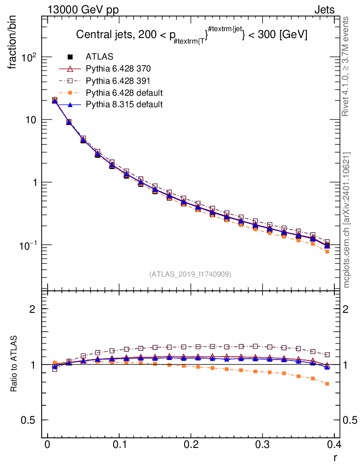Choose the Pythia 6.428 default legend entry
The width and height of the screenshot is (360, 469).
[x=124, y=93]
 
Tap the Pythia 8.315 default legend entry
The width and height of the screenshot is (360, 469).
[x=124, y=104]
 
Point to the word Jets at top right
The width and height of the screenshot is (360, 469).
[x=324, y=10]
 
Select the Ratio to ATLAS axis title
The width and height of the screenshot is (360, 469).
[x=14, y=365]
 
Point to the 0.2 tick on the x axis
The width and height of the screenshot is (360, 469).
[x=191, y=445]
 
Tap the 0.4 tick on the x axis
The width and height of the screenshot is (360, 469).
[x=334, y=445]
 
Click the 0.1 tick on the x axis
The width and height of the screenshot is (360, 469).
[x=119, y=445]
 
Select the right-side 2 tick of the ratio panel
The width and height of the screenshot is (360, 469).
[x=346, y=309]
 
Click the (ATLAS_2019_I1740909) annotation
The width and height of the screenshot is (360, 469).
[x=190, y=274]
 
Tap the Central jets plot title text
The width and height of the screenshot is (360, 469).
[x=191, y=35]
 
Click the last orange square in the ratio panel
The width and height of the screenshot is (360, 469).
[x=327, y=384]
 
